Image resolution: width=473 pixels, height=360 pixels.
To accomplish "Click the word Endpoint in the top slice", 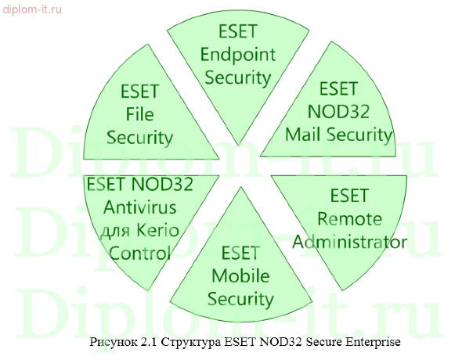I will pos(235,55).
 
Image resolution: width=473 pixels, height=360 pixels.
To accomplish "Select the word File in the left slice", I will pos(139,115).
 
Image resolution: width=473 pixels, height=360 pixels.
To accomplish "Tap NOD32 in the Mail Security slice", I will pos(338,111).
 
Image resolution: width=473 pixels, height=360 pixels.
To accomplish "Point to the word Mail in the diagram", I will pos(302,134).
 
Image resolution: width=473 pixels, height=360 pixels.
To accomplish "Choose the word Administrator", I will pos(350,241).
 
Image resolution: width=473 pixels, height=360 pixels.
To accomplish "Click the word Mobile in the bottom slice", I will pos(240,276).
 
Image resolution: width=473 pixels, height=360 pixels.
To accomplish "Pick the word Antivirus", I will pos(140,208).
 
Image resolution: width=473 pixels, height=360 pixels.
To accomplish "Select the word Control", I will pos(140,254).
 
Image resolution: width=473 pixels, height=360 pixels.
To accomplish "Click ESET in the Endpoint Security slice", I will pos(235,32).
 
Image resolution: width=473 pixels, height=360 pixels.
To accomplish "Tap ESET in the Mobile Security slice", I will pos(240,254).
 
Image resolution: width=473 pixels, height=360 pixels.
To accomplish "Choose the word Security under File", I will pos(139,138).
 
